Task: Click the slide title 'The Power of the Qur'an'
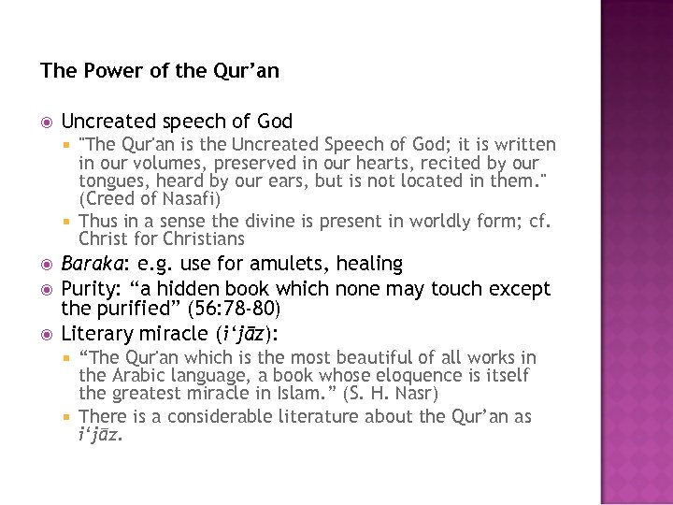point(160,71)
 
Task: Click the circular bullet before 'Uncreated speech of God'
point(47,122)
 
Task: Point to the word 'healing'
point(369,264)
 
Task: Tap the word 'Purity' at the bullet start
point(88,289)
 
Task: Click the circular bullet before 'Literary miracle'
point(47,334)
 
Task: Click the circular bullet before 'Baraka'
point(47,265)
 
